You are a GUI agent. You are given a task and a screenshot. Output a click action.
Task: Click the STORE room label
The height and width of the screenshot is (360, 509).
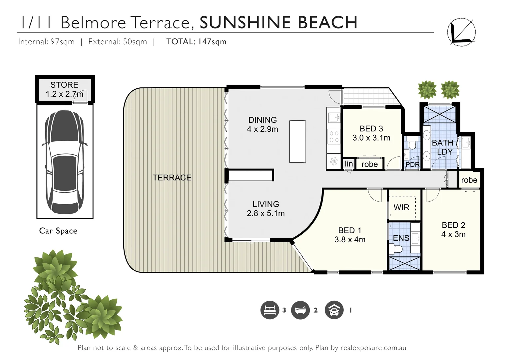(x=64, y=85)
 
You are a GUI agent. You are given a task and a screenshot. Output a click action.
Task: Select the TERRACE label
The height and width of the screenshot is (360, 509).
(x=172, y=178)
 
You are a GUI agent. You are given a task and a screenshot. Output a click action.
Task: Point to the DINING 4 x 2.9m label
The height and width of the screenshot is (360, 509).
(x=262, y=125)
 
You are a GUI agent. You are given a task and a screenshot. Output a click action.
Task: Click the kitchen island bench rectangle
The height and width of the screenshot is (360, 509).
(x=297, y=141)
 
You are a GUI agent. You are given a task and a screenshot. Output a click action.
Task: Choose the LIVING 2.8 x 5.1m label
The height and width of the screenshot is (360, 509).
(x=265, y=209)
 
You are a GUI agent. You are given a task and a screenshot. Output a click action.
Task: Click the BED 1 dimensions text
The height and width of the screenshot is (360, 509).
(x=350, y=240)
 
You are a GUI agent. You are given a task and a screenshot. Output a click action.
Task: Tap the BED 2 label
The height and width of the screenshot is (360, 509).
(x=453, y=225)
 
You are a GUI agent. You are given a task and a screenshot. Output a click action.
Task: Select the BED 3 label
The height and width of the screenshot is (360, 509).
(x=371, y=129)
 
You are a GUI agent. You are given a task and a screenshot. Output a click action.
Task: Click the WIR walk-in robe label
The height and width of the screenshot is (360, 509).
(x=401, y=207)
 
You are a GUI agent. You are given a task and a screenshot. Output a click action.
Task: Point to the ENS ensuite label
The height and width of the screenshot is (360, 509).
(x=401, y=238)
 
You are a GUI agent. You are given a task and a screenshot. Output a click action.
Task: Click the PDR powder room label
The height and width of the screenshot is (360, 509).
(x=412, y=165)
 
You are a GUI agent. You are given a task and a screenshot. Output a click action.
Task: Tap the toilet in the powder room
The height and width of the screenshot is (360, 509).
(x=412, y=143)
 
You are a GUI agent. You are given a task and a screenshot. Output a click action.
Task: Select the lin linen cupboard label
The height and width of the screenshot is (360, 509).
(x=348, y=164)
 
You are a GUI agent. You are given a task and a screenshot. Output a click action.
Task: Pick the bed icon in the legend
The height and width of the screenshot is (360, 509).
(x=269, y=310)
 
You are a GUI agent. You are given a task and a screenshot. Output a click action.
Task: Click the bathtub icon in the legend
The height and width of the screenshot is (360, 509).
(x=300, y=310)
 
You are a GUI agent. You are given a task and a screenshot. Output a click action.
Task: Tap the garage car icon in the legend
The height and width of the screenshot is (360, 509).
(x=334, y=310)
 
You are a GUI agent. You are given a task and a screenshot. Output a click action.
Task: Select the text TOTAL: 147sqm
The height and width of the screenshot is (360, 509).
(x=196, y=42)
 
